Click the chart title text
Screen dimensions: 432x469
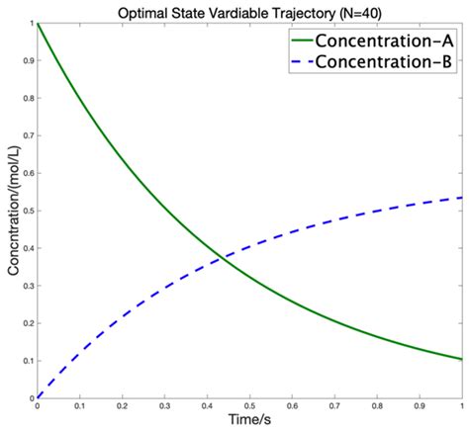(x=248, y=11)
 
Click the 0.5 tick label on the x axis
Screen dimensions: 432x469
(x=249, y=405)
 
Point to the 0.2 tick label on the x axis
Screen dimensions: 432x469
(x=122, y=405)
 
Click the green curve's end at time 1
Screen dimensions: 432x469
(x=461, y=359)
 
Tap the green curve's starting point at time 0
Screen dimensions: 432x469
(x=38, y=23)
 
